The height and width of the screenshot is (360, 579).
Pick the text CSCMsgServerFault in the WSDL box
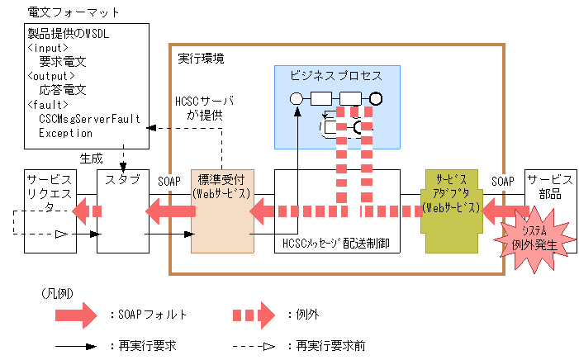click(x=89, y=119)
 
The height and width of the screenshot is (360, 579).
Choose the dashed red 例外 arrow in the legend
click(x=255, y=315)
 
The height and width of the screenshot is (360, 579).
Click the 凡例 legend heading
click(x=55, y=293)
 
